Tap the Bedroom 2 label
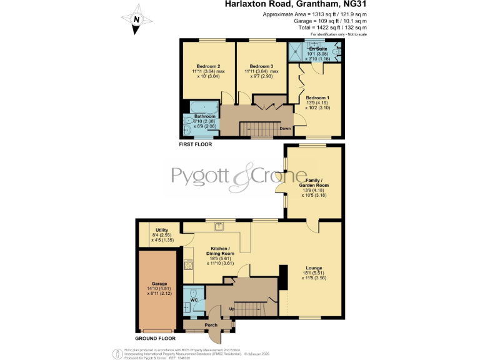coord(208,66)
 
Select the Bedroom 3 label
coord(261,66)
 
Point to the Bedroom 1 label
coord(317,98)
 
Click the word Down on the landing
coord(285,129)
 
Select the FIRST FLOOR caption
coord(195,144)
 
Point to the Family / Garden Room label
coord(314,182)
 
